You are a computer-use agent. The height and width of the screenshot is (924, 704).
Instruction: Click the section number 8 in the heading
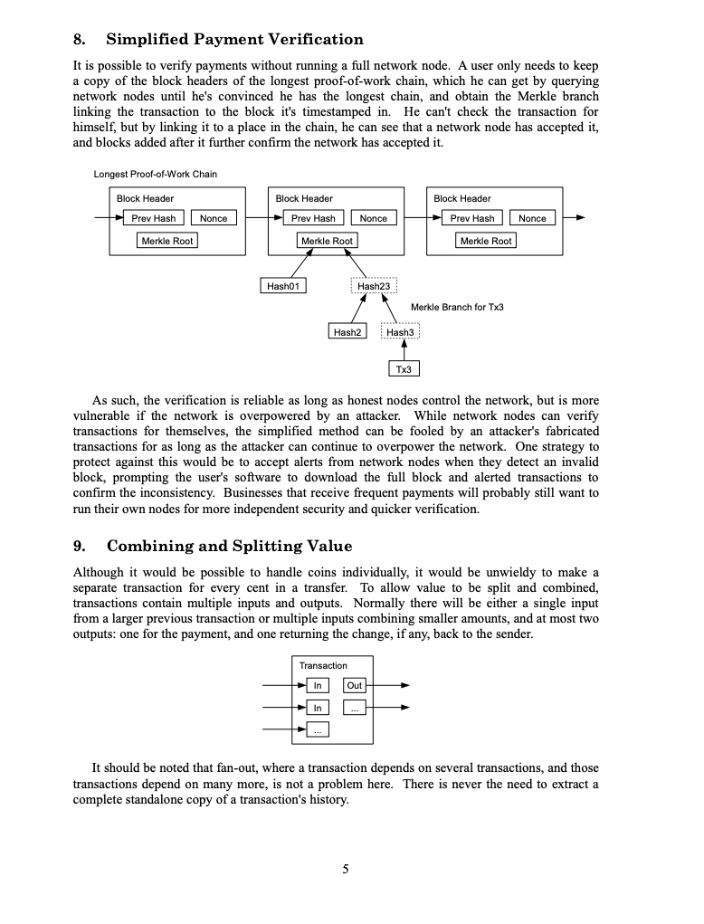[80, 40]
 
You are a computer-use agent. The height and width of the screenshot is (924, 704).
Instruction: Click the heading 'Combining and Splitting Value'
[229, 547]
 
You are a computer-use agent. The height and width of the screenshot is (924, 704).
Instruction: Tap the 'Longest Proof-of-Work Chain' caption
[155, 174]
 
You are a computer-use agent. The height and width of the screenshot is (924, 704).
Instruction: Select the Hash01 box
[282, 286]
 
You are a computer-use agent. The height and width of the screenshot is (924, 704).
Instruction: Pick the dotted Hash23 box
[373, 286]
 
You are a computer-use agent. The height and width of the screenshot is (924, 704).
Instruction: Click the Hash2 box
[347, 332]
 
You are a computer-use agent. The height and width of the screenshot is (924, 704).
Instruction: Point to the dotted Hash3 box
[400, 332]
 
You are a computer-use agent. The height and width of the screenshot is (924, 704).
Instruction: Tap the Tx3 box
[404, 369]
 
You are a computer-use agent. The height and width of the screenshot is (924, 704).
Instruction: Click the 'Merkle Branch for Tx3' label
[457, 308]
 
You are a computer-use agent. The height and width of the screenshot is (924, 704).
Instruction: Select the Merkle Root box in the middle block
[327, 241]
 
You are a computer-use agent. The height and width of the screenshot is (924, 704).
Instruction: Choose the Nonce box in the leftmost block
[214, 218]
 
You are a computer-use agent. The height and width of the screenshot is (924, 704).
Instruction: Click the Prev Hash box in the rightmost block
[471, 218]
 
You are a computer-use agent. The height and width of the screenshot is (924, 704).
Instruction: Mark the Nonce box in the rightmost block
[532, 218]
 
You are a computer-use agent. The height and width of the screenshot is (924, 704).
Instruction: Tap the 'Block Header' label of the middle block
[304, 198]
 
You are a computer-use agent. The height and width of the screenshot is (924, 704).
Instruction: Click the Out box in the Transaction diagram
[355, 686]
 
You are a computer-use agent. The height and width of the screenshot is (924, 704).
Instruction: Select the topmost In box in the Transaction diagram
[317, 686]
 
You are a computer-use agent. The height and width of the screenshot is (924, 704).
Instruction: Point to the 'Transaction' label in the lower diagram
[323, 666]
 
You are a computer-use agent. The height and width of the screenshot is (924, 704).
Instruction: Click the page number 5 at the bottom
[345, 870]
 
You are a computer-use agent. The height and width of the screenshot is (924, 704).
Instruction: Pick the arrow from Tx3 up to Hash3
[404, 352]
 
